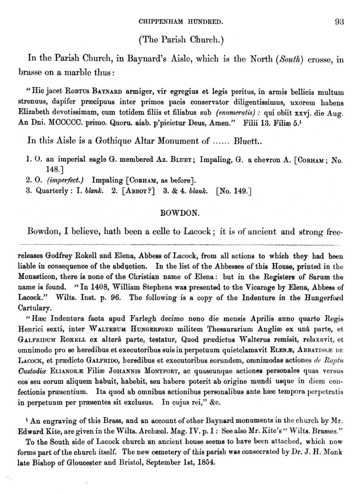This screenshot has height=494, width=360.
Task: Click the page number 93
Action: pos(340,20)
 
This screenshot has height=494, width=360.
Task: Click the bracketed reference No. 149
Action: pos(234,191)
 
